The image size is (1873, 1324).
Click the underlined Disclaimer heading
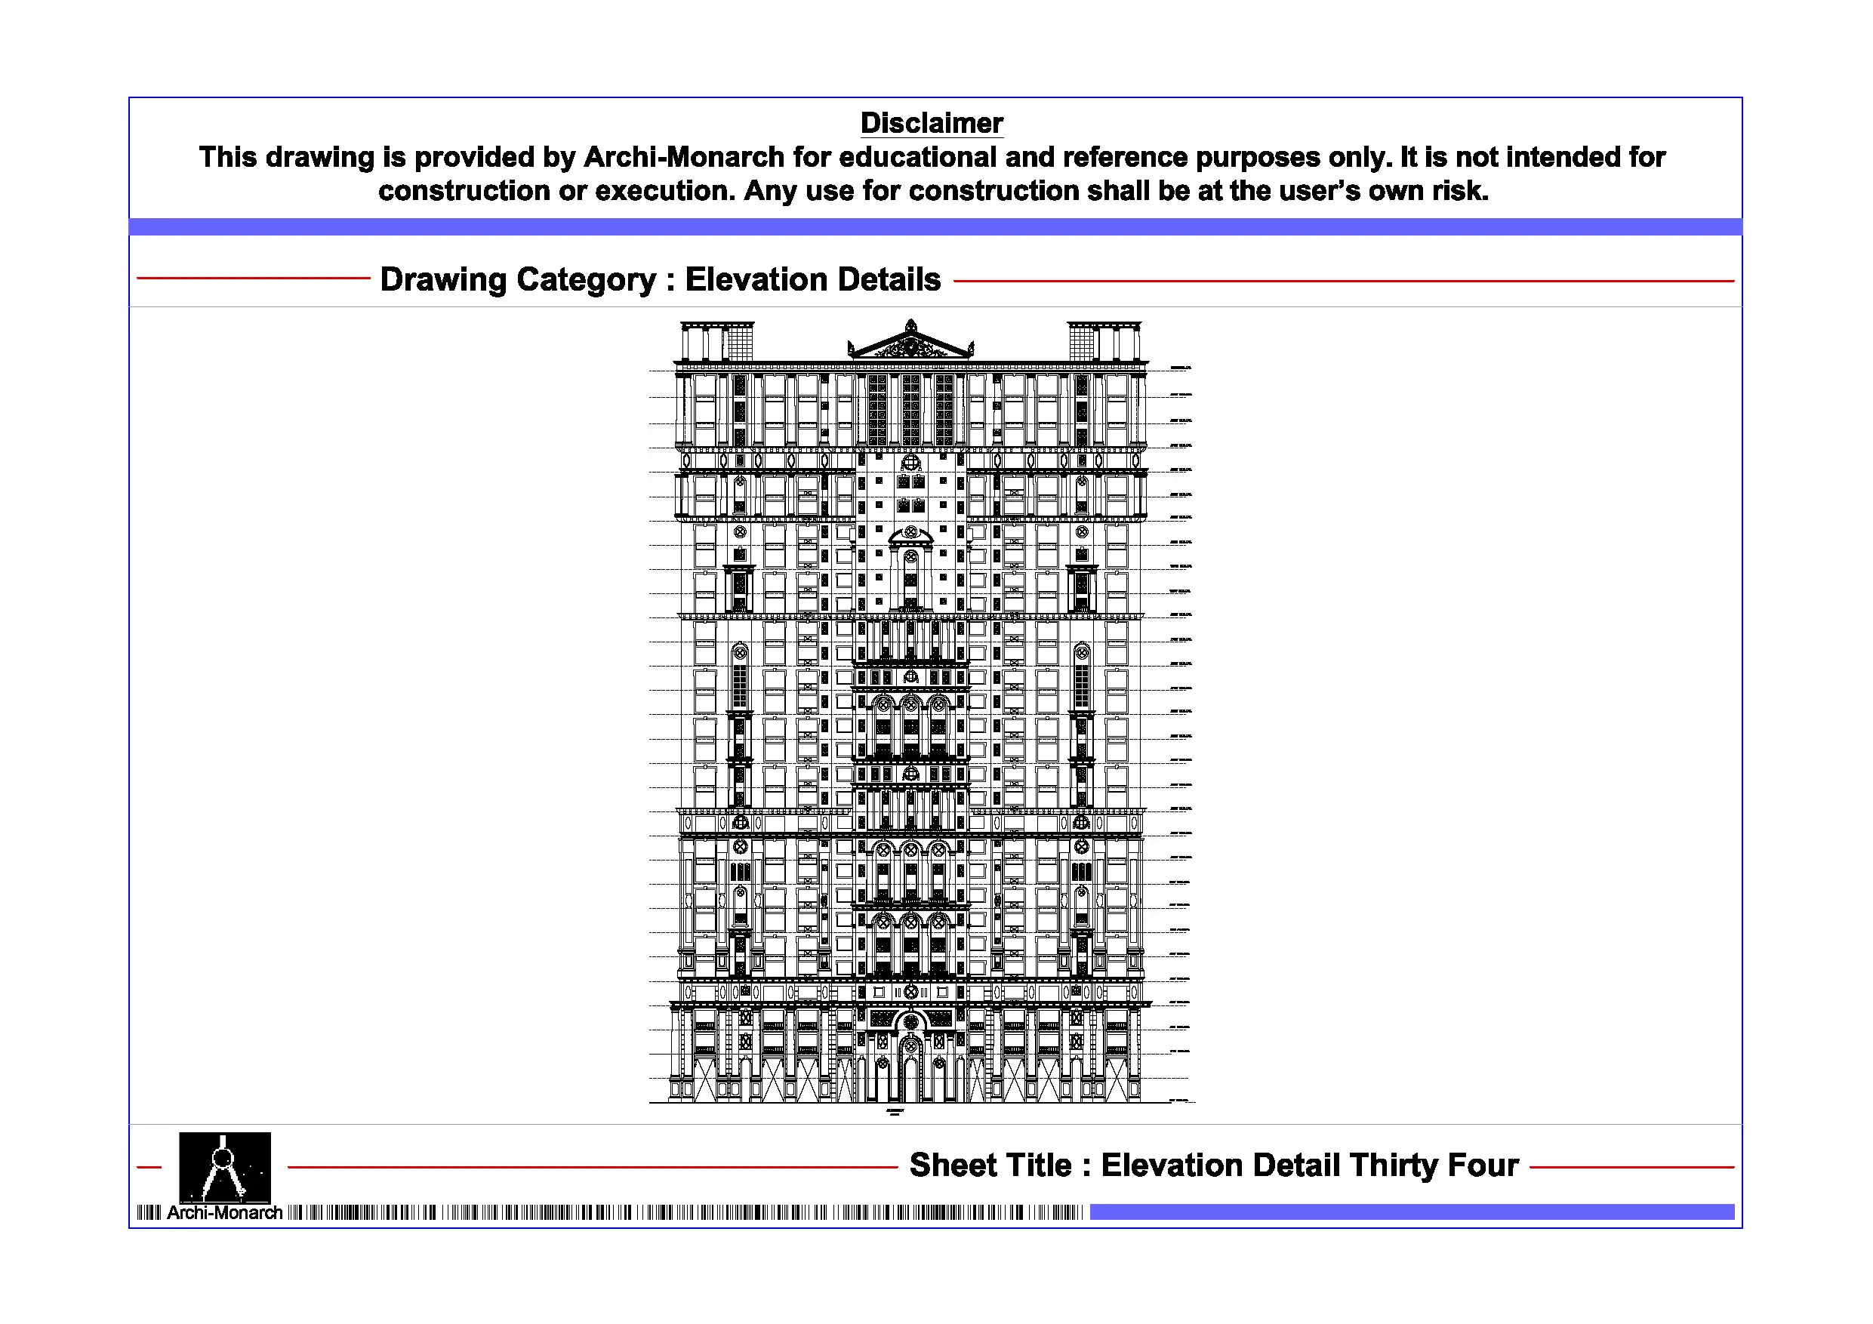[931, 123]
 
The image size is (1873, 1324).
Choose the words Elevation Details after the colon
[812, 280]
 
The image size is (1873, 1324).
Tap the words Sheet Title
[990, 1165]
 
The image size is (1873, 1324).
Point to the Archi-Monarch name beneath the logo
[224, 1213]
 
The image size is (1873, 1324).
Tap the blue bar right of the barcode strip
[1411, 1212]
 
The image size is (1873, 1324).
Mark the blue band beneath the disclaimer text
[935, 226]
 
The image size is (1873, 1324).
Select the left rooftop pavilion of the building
[716, 342]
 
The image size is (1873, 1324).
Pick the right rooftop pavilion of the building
[1104, 342]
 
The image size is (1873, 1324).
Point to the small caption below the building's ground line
[894, 1112]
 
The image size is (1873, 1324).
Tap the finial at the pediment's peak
[911, 324]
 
